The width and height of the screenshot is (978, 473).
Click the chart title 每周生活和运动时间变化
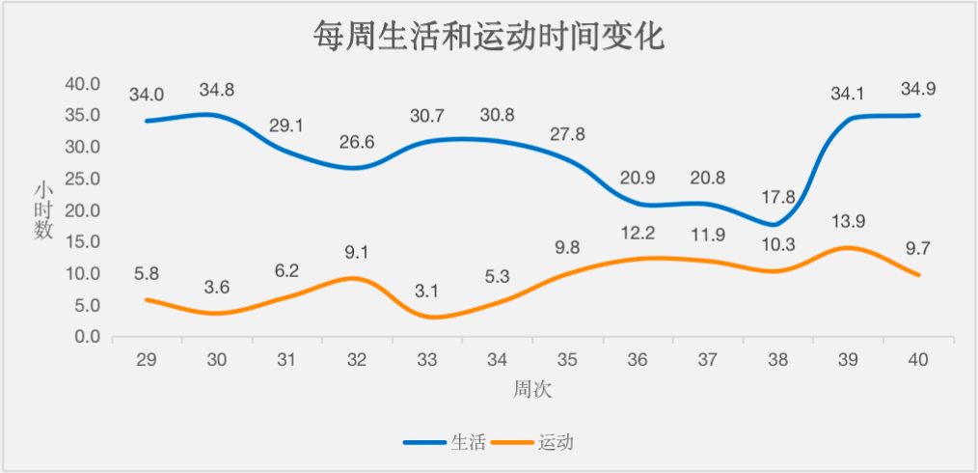click(x=489, y=38)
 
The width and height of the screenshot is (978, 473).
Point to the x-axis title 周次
click(x=532, y=389)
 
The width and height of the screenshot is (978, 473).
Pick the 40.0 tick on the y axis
click(x=82, y=84)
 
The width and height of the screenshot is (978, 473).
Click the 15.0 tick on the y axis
click(x=82, y=242)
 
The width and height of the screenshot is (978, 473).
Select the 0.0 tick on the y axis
click(x=86, y=337)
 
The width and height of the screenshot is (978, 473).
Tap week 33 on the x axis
click(x=427, y=359)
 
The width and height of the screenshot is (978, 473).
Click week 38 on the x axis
click(x=777, y=359)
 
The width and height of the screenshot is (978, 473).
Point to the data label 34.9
click(x=917, y=90)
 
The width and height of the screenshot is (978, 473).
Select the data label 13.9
click(x=848, y=221)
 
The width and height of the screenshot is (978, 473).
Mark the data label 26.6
click(x=357, y=142)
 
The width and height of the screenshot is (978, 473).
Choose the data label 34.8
click(x=217, y=90)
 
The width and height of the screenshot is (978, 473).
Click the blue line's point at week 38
click(x=777, y=224)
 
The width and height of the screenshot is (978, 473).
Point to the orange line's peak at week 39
click(x=848, y=248)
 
